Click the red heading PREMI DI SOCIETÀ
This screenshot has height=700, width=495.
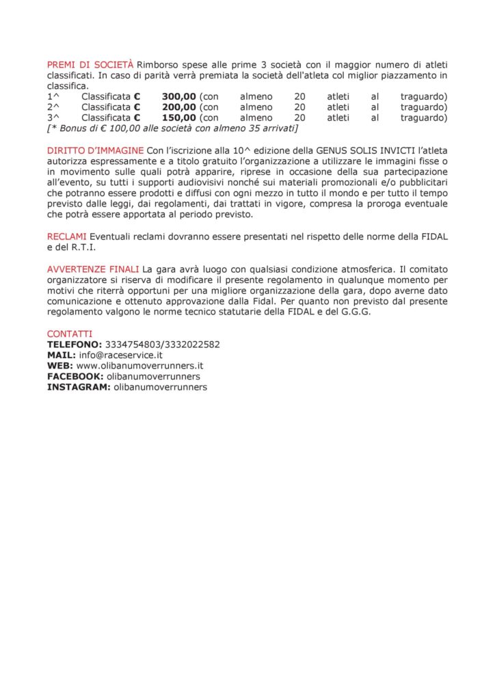[90, 64]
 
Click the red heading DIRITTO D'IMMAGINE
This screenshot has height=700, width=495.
[95, 150]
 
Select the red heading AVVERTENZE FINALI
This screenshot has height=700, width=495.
[93, 269]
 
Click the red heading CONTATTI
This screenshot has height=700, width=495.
[69, 334]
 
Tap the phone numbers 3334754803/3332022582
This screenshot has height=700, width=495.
[162, 344]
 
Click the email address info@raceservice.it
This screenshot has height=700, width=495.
[120, 355]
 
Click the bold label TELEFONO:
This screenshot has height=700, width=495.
[75, 344]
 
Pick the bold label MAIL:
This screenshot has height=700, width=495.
[61, 355]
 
